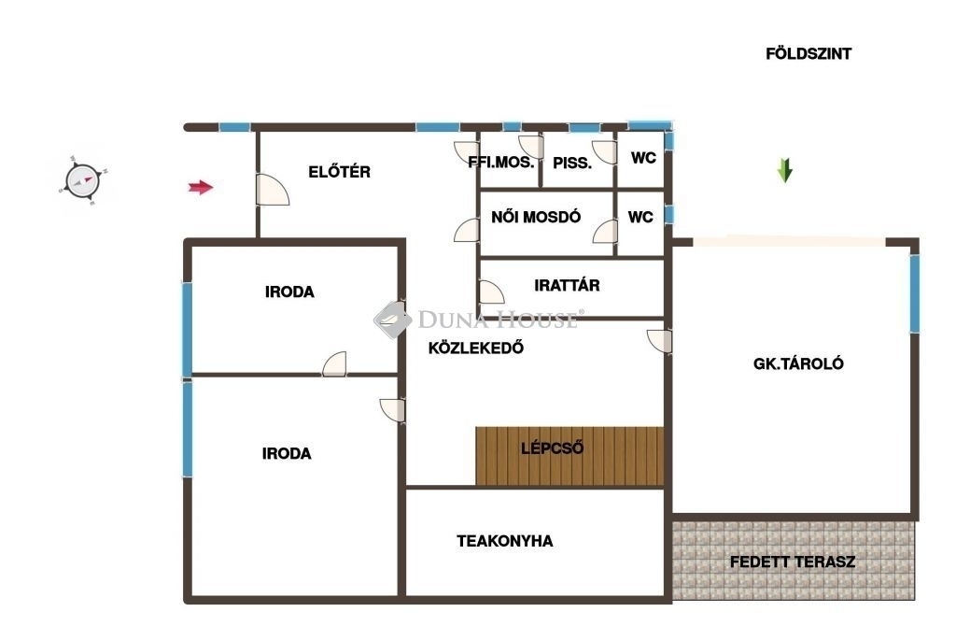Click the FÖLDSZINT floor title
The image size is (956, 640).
808,53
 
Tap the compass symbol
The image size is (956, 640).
82,180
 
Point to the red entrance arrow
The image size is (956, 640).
201,187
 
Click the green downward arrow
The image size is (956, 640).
784,171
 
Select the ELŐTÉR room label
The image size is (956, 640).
340,172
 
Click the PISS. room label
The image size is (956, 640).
572,164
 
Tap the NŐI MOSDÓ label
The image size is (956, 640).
536,217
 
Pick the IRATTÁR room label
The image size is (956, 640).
567,285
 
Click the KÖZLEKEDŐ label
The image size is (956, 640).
476,348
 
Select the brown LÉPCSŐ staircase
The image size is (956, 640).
569,456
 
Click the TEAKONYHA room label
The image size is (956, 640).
505,541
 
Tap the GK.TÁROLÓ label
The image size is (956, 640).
799,364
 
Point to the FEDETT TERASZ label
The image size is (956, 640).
793,562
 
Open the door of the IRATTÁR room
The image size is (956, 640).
491,292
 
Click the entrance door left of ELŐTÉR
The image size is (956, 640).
272,190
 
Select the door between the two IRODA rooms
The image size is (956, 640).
335,364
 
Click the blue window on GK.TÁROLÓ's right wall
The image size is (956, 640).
915,293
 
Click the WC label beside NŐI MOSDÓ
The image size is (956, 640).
640,217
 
